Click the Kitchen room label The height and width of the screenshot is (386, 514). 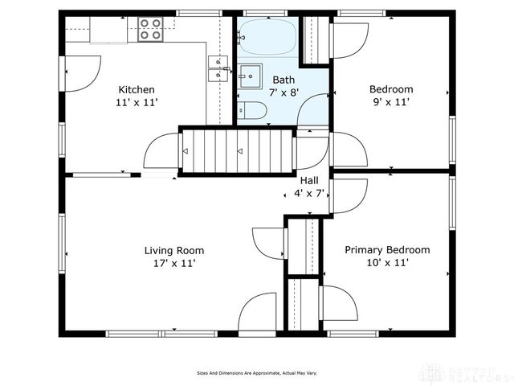(x=137, y=89)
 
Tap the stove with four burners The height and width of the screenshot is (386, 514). (x=150, y=30)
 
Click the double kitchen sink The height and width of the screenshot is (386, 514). (x=218, y=68)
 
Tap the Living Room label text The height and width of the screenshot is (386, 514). (x=173, y=249)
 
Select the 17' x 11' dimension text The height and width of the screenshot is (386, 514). (x=173, y=263)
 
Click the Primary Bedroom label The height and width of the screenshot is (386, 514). (x=387, y=249)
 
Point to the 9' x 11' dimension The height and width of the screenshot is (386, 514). (x=391, y=102)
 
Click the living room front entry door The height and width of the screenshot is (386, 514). (x=259, y=314)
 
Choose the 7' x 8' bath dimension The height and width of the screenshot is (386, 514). (x=284, y=93)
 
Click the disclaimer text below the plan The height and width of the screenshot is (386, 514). (x=257, y=373)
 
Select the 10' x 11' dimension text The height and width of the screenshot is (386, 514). (x=387, y=263)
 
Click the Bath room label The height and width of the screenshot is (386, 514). (x=284, y=80)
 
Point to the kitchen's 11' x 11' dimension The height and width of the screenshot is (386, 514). (x=137, y=103)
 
